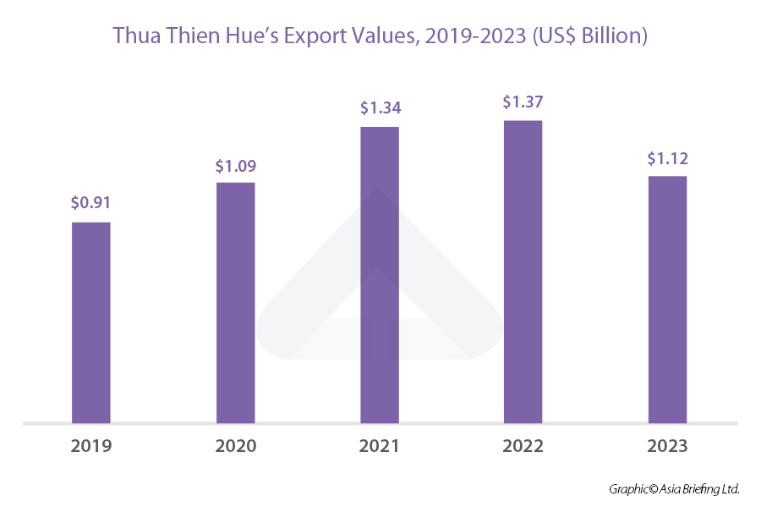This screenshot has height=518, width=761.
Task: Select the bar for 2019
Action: point(90,322)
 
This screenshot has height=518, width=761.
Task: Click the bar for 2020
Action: point(235,302)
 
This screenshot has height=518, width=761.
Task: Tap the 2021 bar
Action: point(380,274)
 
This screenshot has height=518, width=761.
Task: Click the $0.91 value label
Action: point(90,203)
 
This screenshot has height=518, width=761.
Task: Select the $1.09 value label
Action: point(235,165)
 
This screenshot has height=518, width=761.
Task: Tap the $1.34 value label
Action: point(380,108)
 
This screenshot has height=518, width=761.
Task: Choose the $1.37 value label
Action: point(523,102)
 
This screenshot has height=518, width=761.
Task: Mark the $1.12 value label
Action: point(667,158)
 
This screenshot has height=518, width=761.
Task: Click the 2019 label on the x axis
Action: point(90,446)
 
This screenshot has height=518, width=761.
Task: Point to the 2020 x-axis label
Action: point(235,446)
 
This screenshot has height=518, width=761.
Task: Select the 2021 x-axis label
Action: point(380,446)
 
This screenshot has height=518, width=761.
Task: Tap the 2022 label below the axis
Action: point(523,446)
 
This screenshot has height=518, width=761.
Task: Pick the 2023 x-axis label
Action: point(667,446)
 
